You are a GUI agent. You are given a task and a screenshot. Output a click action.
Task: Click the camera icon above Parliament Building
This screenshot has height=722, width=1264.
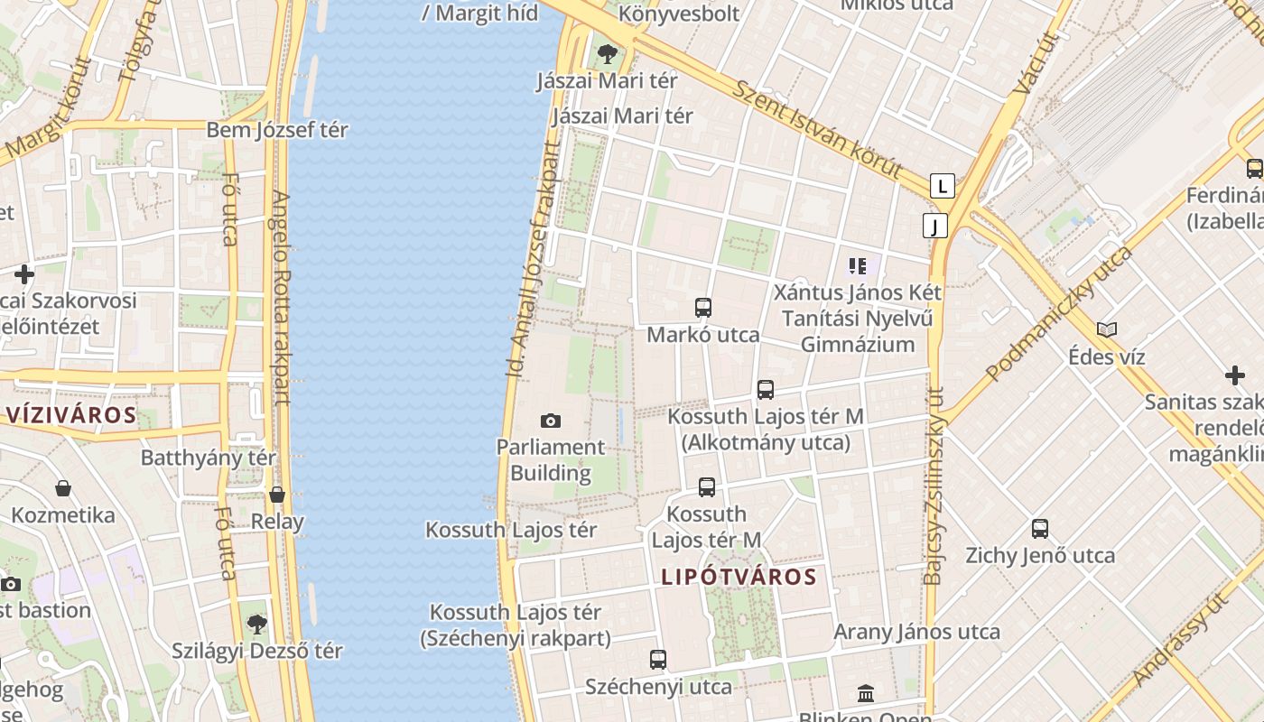pyautogui.click(x=550, y=421)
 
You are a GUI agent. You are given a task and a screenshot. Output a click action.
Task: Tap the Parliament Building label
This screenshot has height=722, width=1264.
pyautogui.click(x=551, y=459)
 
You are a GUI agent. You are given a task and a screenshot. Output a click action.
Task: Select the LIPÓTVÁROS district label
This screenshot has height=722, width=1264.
pyautogui.click(x=739, y=577)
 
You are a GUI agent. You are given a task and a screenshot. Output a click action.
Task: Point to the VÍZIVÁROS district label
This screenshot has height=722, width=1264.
pyautogui.click(x=71, y=415)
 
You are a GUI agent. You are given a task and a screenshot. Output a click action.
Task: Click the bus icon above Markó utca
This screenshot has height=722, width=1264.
pyautogui.click(x=703, y=308)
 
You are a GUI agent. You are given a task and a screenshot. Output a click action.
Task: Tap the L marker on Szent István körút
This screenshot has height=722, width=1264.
pyautogui.click(x=943, y=187)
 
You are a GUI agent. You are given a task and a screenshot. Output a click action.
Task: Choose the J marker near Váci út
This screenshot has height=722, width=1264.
pyautogui.click(x=935, y=226)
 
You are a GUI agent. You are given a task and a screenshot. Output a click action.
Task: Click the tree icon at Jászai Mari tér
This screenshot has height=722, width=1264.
pyautogui.click(x=608, y=54)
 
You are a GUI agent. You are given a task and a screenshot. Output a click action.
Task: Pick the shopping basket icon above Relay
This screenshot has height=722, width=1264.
pyautogui.click(x=277, y=495)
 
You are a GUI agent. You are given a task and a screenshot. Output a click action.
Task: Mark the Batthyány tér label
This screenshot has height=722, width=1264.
pyautogui.click(x=209, y=458)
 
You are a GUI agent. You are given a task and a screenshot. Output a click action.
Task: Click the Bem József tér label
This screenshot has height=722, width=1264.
pyautogui.click(x=277, y=130)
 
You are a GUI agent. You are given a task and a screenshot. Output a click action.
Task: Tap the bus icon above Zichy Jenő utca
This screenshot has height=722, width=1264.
pyautogui.click(x=1040, y=529)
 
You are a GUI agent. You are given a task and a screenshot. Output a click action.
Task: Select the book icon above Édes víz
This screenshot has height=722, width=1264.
pyautogui.click(x=1107, y=330)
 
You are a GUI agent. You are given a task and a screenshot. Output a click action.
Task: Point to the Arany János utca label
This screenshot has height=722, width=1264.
pyautogui.click(x=916, y=632)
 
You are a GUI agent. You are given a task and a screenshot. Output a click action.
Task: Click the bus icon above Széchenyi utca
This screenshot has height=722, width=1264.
pyautogui.click(x=658, y=660)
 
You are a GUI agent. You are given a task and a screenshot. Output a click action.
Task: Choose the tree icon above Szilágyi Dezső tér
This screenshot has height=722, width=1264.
pyautogui.click(x=257, y=624)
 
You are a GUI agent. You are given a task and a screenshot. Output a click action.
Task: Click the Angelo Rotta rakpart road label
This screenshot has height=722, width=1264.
pyautogui.click(x=282, y=298)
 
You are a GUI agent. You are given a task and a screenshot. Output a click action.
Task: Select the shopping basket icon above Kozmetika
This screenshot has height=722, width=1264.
pyautogui.click(x=63, y=488)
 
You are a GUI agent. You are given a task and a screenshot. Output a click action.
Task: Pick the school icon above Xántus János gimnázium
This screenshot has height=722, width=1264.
pyautogui.click(x=857, y=266)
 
